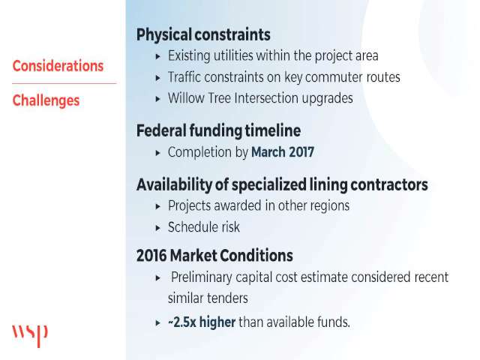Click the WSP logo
[x=30, y=336]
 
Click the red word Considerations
[x=58, y=66]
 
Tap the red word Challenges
[x=46, y=100]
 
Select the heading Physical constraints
[x=203, y=34]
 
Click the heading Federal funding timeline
[x=218, y=130]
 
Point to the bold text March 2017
[x=283, y=152]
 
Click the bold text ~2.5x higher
[x=202, y=322]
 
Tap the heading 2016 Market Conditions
[x=214, y=255]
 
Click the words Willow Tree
[x=199, y=98]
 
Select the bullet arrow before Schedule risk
[x=158, y=228]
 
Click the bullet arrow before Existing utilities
[x=158, y=56]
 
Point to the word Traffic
[x=184, y=76]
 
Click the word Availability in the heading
[x=174, y=185]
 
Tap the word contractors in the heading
[x=389, y=184]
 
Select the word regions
[x=330, y=206]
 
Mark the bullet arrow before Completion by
[x=158, y=153]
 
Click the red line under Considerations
[x=64, y=83]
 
